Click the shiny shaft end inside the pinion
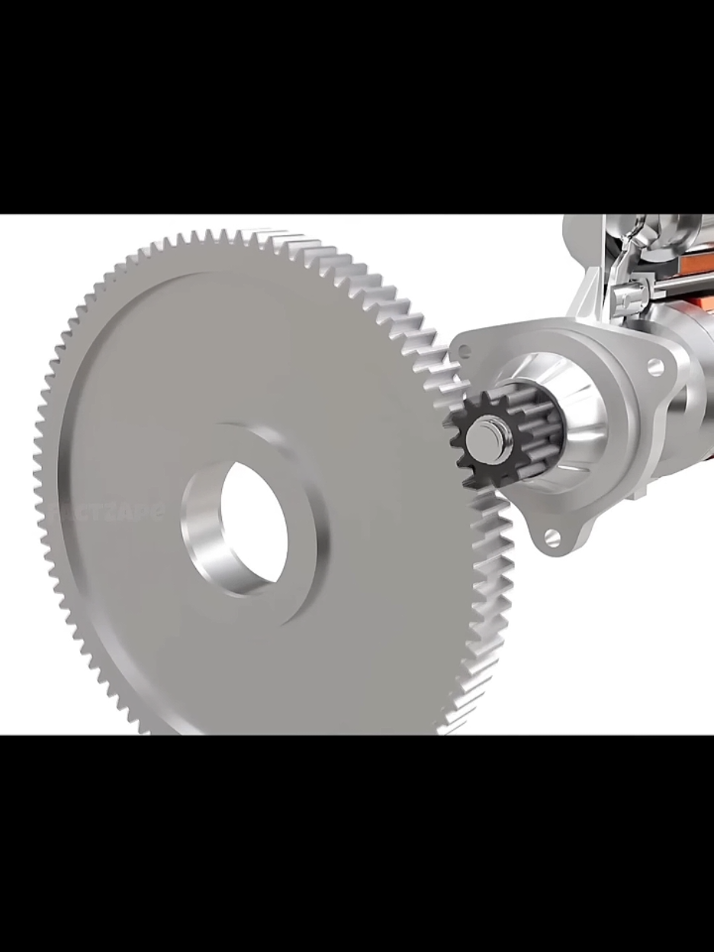(482, 436)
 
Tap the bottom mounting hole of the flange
(552, 538)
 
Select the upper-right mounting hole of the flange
(655, 367)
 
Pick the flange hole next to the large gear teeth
(464, 351)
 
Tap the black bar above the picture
(357, 107)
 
